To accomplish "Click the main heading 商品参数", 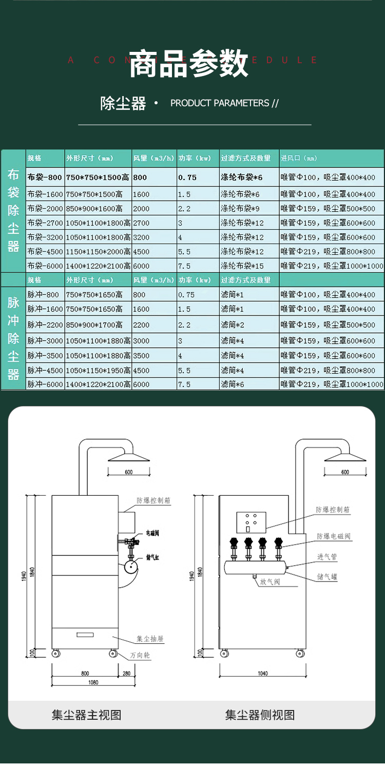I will point(188,65).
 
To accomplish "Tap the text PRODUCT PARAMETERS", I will point(220,103).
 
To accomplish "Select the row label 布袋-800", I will point(45,177).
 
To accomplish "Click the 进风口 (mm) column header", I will point(299,158).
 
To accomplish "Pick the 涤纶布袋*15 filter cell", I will point(242,266).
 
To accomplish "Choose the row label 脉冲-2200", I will point(45,325).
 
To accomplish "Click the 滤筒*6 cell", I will point(232,384).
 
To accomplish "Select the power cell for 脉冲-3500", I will point(180,356).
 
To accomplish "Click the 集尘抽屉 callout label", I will point(150,639).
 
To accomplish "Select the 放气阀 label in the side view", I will point(270,582).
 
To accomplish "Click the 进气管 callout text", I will point(326,557).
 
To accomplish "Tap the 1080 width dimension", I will point(93,683).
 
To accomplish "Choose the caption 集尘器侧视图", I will point(260,715).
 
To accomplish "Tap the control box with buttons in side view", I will point(251,521).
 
